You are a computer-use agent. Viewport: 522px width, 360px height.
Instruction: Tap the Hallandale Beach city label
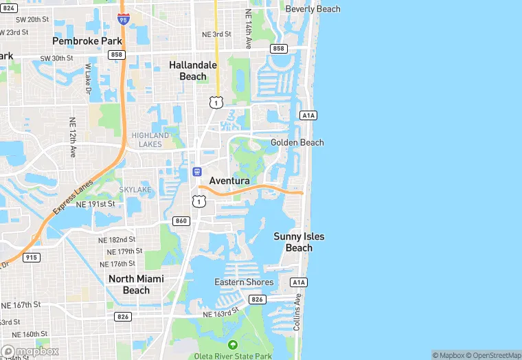click(x=193, y=71)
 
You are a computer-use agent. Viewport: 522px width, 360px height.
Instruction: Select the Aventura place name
click(x=229, y=180)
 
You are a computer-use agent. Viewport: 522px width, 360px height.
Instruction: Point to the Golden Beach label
click(x=297, y=142)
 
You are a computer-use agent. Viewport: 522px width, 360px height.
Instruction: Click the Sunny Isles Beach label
click(x=299, y=242)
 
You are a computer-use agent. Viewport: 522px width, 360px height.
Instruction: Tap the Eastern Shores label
click(x=244, y=282)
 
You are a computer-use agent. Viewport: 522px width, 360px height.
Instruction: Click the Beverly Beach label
click(x=313, y=9)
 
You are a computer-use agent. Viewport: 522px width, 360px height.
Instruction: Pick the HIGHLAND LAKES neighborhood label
click(x=150, y=140)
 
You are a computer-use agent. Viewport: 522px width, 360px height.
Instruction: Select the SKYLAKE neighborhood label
click(x=135, y=189)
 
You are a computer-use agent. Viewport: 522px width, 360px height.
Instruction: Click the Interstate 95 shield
click(x=124, y=19)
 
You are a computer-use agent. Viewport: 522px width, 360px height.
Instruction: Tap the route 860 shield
click(x=181, y=221)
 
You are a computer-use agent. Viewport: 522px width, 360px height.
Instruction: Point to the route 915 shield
click(x=31, y=257)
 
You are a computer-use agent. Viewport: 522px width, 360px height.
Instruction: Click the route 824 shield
click(x=8, y=8)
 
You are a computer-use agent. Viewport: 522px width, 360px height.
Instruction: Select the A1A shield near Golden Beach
click(x=308, y=115)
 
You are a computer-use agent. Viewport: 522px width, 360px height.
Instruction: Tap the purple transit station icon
click(x=196, y=171)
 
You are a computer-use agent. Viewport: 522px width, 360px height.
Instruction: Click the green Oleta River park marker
click(x=232, y=344)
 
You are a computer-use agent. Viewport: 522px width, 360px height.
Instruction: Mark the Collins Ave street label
click(x=298, y=313)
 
